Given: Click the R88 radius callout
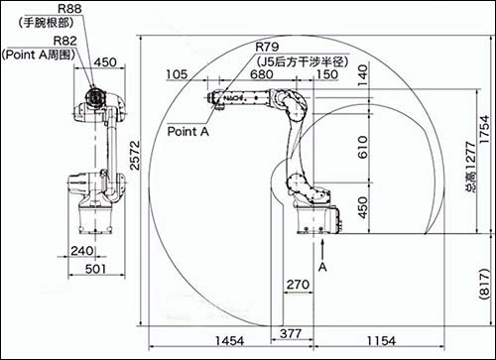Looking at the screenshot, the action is (69, 9).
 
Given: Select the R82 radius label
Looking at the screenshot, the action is (65, 41).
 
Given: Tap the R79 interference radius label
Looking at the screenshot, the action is (267, 47).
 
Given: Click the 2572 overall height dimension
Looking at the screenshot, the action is (135, 156).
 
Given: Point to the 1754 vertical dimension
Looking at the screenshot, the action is (484, 129).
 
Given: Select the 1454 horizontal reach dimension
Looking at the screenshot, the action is (230, 341).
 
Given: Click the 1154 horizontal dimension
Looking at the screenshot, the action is (381, 341).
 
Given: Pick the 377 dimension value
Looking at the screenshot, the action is (291, 333).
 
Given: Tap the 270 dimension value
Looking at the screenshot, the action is (298, 285).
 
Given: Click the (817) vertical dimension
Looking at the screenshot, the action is (484, 284).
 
